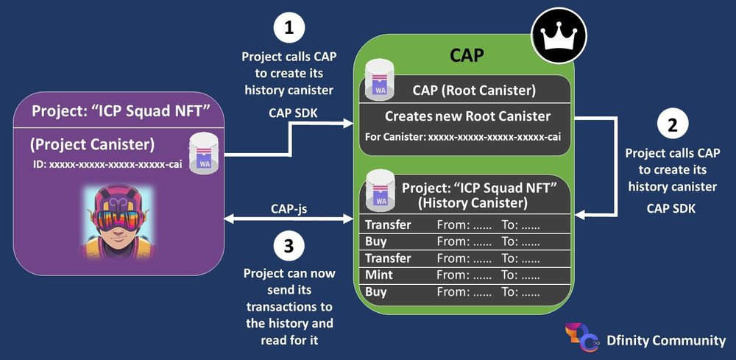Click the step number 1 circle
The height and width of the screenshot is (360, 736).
(289, 29)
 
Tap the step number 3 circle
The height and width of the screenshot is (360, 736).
(289, 247)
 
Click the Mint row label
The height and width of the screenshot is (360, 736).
(379, 275)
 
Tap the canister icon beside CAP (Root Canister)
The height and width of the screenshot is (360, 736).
(380, 81)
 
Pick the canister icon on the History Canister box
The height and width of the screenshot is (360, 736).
(380, 188)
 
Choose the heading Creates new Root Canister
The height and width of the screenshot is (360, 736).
(467, 116)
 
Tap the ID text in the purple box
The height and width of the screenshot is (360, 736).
(106, 164)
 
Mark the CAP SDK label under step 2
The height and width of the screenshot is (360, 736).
(672, 208)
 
